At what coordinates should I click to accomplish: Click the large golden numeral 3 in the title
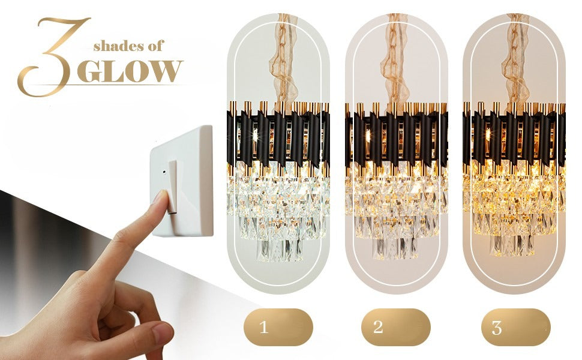pyautogui.click(x=53, y=57)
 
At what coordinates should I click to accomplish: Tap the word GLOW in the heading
pyautogui.click(x=130, y=71)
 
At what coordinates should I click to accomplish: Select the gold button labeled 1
pyautogui.click(x=278, y=328)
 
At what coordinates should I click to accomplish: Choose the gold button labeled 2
pyautogui.click(x=395, y=328)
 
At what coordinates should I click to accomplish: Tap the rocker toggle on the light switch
pyautogui.click(x=173, y=186)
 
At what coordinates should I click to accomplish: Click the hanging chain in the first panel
pyautogui.click(x=282, y=60)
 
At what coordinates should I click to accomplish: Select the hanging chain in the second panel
pyautogui.click(x=397, y=60)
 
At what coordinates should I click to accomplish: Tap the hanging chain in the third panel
pyautogui.click(x=515, y=60)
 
